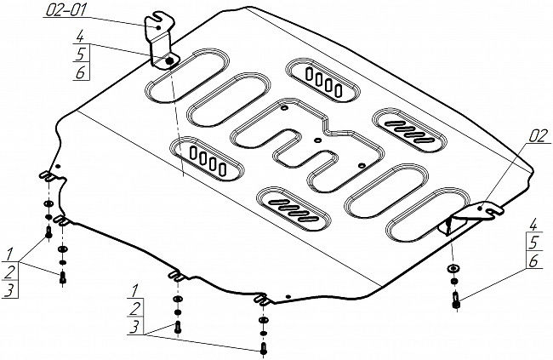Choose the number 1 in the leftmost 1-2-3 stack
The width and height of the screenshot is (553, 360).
click(x=9, y=254)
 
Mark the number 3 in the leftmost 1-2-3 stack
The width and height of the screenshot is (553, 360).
click(x=9, y=291)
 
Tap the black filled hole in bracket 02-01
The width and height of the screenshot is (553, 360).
click(x=168, y=61)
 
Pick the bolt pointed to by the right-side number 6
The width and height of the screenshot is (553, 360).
click(x=457, y=300)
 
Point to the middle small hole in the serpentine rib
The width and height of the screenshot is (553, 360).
click(x=316, y=140)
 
